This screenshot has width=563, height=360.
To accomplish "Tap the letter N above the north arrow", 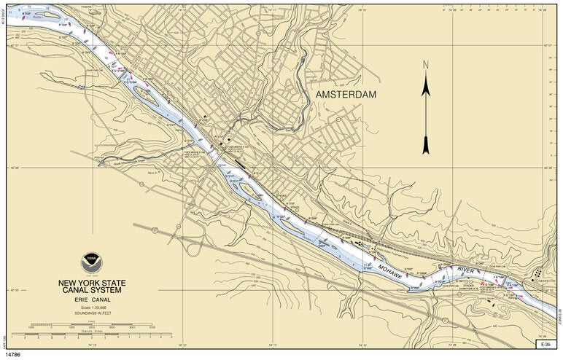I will pos(427,66).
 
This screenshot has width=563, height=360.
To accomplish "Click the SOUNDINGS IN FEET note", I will pos(101,314).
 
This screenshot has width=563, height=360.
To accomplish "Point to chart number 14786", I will pos(14,353).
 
